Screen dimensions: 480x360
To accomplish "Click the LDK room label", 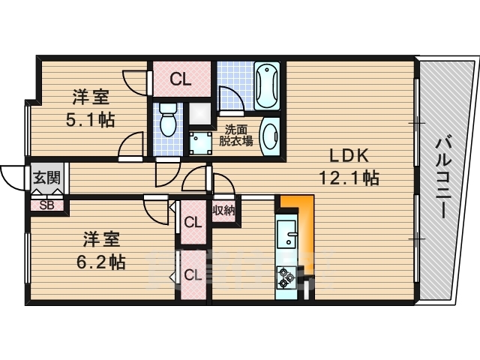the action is pyautogui.click(x=349, y=156).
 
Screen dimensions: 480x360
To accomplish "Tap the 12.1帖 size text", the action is pyautogui.click(x=349, y=178).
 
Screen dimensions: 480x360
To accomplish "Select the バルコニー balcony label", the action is pyautogui.click(x=442, y=178).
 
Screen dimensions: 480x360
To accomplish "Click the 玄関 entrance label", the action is pyautogui.click(x=46, y=178).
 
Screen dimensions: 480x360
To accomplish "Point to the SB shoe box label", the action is pyautogui.click(x=46, y=205).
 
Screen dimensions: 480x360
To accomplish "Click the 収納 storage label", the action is pyautogui.click(x=223, y=211).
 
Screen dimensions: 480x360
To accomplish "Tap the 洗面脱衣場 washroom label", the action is pyautogui.click(x=235, y=136).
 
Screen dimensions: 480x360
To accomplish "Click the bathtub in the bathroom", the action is pyautogui.click(x=267, y=86).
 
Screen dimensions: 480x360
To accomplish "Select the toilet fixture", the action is pyautogui.click(x=168, y=119).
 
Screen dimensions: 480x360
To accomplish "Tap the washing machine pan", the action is pyautogui.click(x=200, y=143).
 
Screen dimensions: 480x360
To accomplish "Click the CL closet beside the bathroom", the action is pyautogui.click(x=181, y=79).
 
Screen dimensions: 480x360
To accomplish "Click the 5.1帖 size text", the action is pyautogui.click(x=90, y=120).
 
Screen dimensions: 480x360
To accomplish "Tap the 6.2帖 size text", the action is pyautogui.click(x=100, y=262).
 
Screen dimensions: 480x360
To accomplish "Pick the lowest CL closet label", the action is pyautogui.click(x=193, y=275).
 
